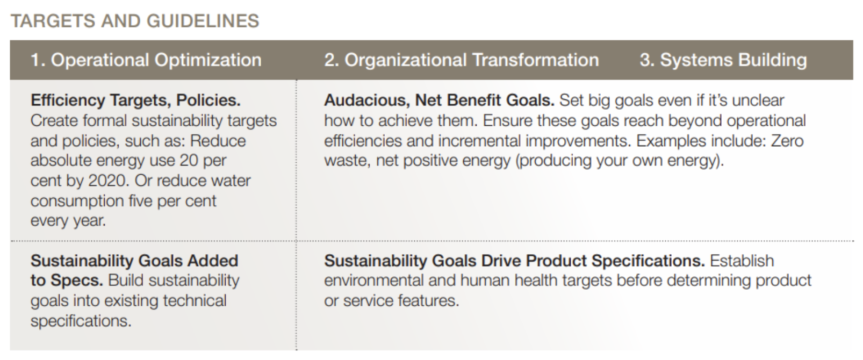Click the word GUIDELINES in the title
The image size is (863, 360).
(203, 21)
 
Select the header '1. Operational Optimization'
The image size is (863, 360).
(146, 60)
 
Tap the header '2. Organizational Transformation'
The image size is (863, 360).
(462, 60)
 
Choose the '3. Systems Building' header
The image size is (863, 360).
(723, 60)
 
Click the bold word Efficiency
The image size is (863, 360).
(67, 100)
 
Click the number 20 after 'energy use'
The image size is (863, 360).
(189, 160)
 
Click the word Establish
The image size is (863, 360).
(742, 261)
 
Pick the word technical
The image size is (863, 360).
(195, 301)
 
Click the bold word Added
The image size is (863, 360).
(213, 261)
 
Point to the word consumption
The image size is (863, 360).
(77, 201)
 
